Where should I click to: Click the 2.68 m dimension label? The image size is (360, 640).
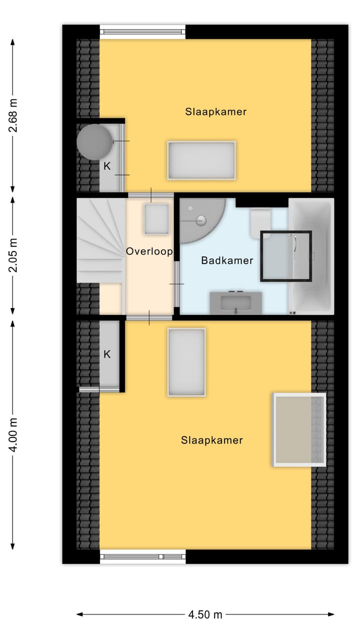coord(13,115)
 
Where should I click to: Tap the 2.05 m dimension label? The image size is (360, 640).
coord(13,255)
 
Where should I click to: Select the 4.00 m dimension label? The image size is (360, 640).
coord(13,434)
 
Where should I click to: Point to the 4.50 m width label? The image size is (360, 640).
coord(205,614)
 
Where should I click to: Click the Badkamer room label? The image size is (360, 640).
coord(227,260)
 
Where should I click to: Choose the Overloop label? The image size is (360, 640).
coord(149,251)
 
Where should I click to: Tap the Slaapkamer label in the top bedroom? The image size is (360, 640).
coord(215,111)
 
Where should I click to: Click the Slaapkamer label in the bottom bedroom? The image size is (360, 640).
coord(211,440)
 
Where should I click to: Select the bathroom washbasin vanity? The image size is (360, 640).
coord(236,303)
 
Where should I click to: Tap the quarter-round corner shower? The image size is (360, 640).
coord(200,220)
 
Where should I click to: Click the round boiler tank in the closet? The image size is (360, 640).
coord(94,141)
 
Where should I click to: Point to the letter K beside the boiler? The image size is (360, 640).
coord(107,166)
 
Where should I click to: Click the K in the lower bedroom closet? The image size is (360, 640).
coord(107,354)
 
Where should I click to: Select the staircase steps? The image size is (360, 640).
coord(100,240)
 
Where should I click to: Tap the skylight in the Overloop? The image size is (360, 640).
coord(156,219)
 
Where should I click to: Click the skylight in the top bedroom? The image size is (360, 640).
coord(201,160)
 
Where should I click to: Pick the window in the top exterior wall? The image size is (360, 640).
coord(142,32)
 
